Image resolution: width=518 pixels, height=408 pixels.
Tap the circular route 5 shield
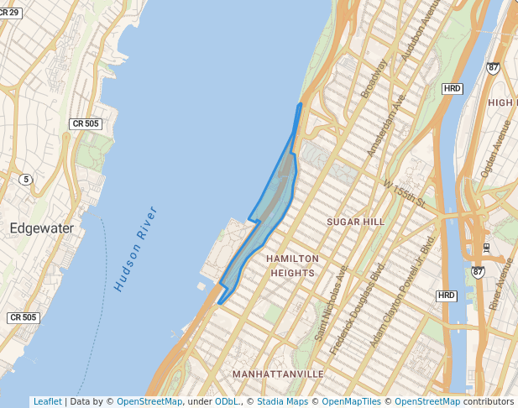click(27, 179)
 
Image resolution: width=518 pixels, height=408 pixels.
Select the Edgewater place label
click(42, 228)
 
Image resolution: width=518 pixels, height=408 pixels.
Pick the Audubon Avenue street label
click(421, 33)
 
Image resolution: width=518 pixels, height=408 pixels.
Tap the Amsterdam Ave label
click(386, 125)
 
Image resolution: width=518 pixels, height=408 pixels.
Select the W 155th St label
click(404, 194)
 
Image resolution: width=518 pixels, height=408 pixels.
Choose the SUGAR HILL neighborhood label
click(355, 222)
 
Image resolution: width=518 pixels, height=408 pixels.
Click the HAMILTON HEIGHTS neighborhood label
click(292, 265)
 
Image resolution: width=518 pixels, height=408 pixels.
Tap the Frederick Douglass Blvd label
click(358, 311)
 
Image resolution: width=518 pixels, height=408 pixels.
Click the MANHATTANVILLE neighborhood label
click(278, 373)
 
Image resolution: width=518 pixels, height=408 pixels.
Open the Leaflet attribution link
click(47, 401)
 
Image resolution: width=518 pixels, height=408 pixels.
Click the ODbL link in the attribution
click(227, 401)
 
